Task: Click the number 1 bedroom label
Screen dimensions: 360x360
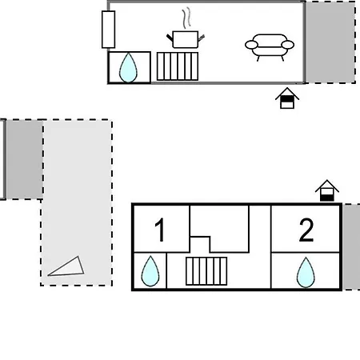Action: pyautogui.click(x=160, y=230)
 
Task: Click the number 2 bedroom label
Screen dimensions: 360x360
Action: pyautogui.click(x=306, y=230)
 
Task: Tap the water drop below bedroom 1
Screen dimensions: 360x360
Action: pyautogui.click(x=150, y=271)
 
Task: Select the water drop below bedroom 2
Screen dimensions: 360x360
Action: pyautogui.click(x=306, y=272)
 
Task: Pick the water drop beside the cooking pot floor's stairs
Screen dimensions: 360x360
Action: pyautogui.click(x=128, y=68)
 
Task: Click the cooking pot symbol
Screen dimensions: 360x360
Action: pyautogui.click(x=186, y=39)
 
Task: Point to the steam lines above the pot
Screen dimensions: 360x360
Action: pyautogui.click(x=186, y=18)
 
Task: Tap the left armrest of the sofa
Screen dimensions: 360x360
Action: pyautogui.click(x=251, y=45)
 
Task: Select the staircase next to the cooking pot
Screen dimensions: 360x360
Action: pyautogui.click(x=178, y=66)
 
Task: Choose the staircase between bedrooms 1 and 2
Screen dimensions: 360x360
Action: pyautogui.click(x=206, y=271)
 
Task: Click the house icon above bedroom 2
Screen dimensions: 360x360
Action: pyautogui.click(x=327, y=190)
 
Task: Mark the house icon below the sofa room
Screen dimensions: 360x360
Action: pyautogui.click(x=287, y=98)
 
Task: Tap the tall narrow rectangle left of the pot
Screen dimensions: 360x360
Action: pyautogui.click(x=108, y=30)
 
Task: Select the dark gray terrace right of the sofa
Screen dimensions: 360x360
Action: pyautogui.click(x=330, y=42)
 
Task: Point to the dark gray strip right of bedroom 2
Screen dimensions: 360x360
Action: pyautogui.click(x=351, y=246)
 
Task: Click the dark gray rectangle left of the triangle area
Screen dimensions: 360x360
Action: pyautogui.click(x=24, y=159)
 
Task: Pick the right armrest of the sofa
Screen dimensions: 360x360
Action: pyautogui.click(x=288, y=45)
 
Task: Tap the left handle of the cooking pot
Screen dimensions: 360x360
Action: pyautogui.click(x=170, y=38)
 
